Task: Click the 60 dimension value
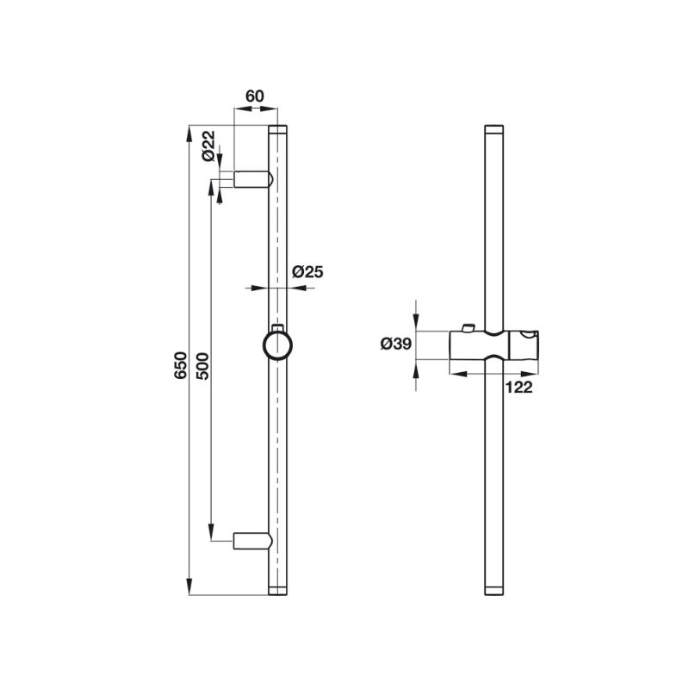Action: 254,96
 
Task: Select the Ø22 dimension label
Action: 208,146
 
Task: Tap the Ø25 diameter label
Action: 307,272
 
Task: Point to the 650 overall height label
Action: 180,365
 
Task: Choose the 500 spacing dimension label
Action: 203,365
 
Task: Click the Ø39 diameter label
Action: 396,344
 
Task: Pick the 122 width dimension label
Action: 518,387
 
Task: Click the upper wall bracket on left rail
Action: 253,179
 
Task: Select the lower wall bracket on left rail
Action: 253,541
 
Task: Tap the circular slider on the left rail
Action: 277,345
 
